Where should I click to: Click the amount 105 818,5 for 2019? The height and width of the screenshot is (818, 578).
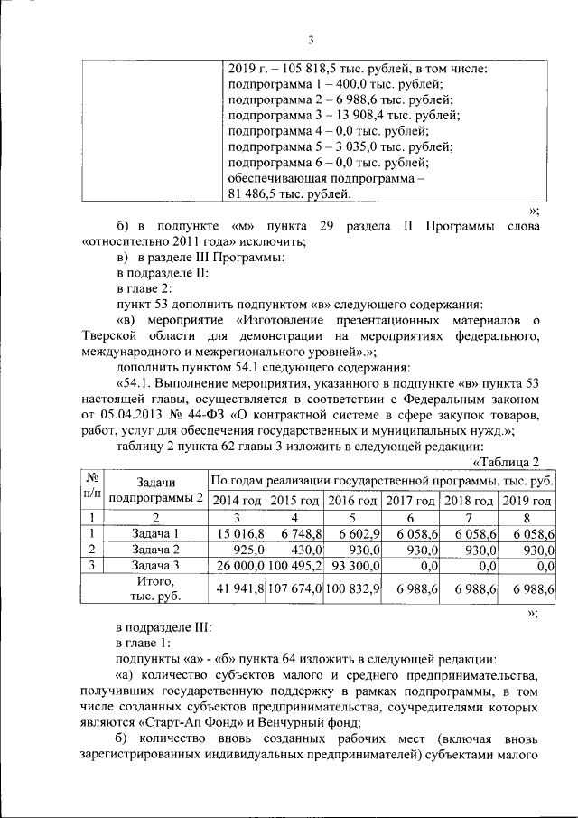[299, 69]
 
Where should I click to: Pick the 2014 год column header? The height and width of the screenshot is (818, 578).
[237, 501]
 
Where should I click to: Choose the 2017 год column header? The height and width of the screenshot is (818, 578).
[411, 501]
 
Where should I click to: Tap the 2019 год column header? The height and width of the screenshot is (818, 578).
[527, 501]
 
